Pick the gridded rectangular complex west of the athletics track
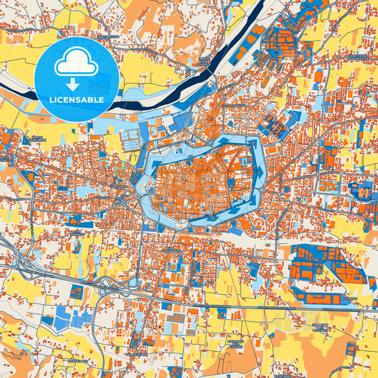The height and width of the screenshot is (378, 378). (131, 139)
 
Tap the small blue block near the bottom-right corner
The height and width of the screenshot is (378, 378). (350, 348)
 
